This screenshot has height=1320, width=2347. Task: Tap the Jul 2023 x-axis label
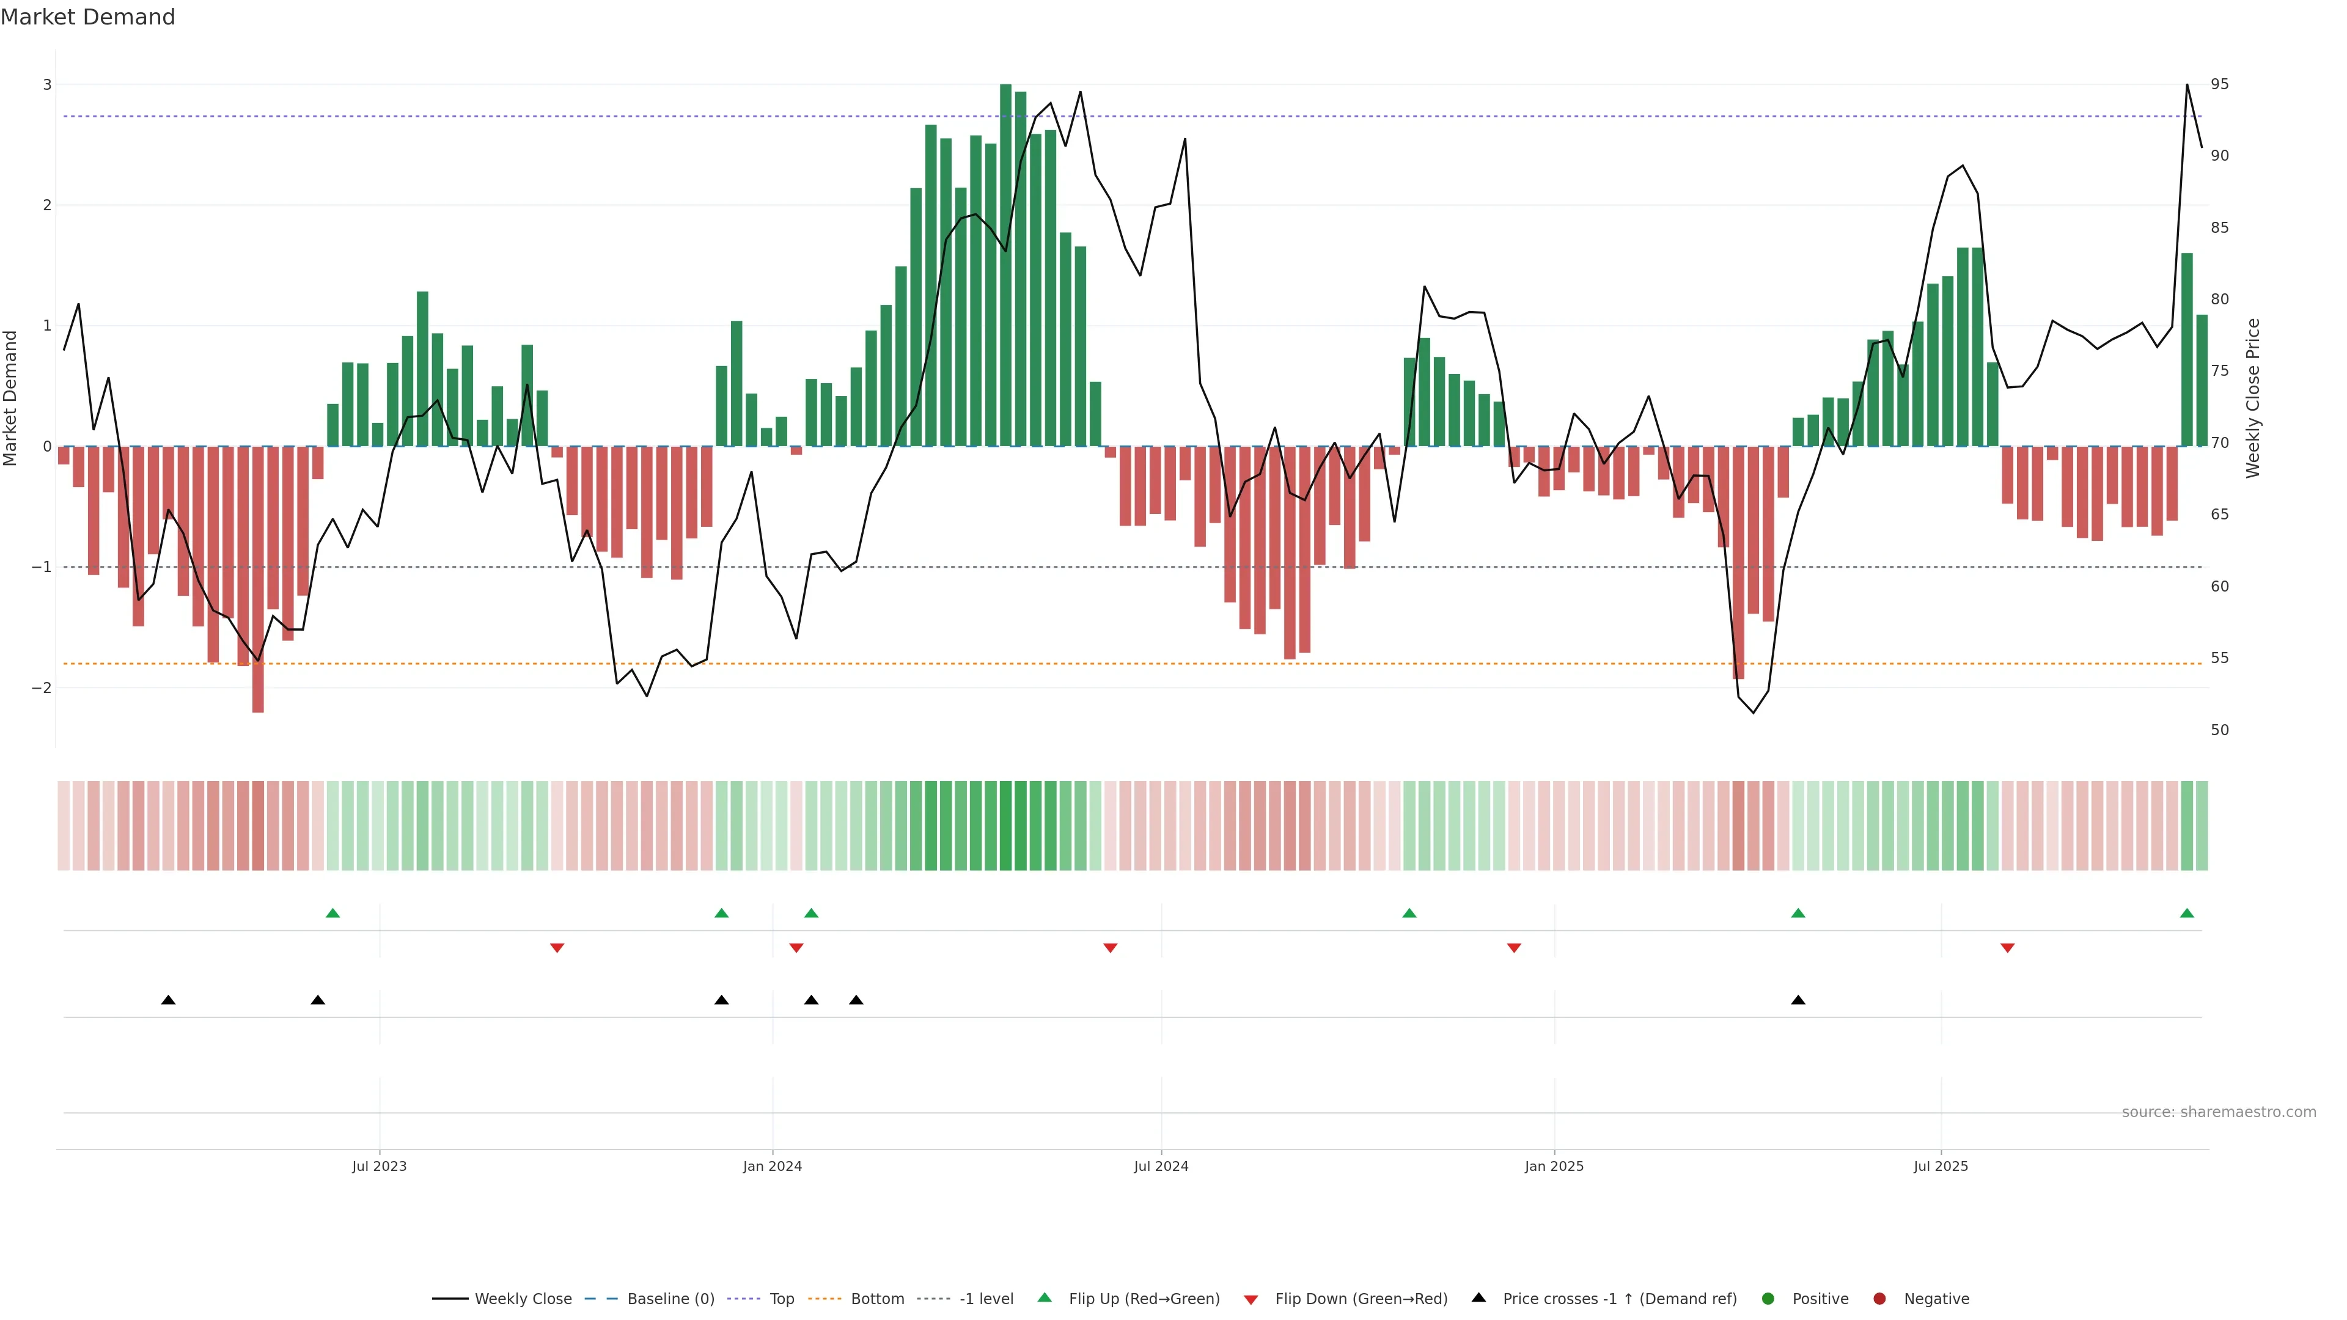(379, 1166)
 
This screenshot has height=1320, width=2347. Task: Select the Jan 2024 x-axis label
(772, 1166)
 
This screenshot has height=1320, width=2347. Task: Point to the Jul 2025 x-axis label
(1940, 1166)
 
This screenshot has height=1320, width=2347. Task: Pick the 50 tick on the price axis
(2219, 730)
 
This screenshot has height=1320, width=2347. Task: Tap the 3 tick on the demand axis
(48, 85)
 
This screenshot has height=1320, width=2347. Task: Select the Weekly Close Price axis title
(2253, 398)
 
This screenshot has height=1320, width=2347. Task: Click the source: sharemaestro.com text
(2219, 1112)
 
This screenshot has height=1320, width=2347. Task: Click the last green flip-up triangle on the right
(2187, 913)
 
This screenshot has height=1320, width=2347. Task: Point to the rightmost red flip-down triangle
(2007, 948)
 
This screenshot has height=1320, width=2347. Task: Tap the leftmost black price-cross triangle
(169, 1000)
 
